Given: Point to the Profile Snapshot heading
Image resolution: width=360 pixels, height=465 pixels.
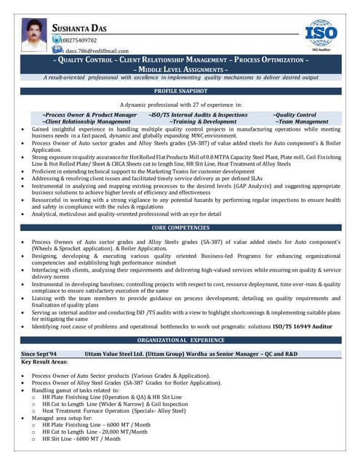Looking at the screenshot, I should (x=180, y=92).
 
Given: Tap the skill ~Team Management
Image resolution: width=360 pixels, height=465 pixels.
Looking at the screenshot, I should (x=300, y=122).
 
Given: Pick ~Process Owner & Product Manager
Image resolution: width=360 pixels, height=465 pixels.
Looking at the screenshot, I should (x=89, y=115).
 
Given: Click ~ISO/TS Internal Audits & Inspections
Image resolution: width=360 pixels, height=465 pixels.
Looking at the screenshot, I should (x=197, y=115).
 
